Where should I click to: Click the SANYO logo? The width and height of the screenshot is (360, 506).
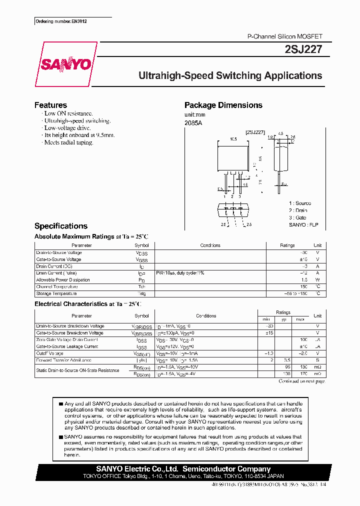tap(65, 64)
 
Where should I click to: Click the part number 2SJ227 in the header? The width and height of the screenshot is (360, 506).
tap(307, 49)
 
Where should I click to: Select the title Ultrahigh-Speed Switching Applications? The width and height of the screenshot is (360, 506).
tap(230, 76)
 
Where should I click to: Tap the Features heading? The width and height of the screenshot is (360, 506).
tap(50, 105)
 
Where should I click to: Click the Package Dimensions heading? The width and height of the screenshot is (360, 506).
tap(223, 105)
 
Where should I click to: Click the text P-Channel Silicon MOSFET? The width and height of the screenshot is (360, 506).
tap(285, 37)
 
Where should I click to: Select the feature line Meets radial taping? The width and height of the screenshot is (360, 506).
tap(68, 142)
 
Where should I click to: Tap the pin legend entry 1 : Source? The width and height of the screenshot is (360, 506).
tap(299, 203)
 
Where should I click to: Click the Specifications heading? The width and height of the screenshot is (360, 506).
tap(60, 226)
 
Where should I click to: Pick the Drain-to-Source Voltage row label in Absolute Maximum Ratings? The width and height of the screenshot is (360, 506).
tap(59, 252)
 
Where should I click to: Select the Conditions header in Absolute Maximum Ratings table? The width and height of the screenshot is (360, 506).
tap(210, 245)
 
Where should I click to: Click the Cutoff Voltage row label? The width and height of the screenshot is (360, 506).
tap(50, 353)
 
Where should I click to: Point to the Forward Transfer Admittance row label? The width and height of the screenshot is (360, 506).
tap(63, 360)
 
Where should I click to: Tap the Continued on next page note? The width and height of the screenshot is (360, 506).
tap(301, 381)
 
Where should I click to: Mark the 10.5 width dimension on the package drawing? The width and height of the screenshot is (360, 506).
tap(232, 139)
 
